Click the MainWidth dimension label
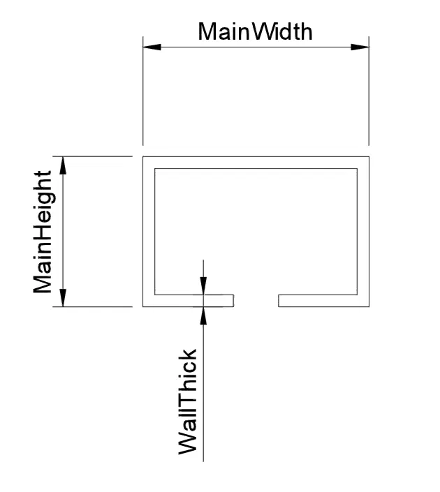point(255,31)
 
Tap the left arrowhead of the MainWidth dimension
point(152,47)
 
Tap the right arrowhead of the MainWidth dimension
point(360,47)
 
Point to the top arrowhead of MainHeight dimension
point(64,165)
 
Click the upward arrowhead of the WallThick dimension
point(203,315)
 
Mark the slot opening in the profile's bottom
point(256,301)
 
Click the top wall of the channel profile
point(256,162)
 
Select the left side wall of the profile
point(148,230)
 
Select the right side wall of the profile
point(363,230)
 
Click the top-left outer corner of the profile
point(143,156)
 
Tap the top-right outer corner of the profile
point(369,156)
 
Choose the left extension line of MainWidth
point(143,98)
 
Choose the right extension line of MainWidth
point(369,98)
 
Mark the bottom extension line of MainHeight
point(98,306)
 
